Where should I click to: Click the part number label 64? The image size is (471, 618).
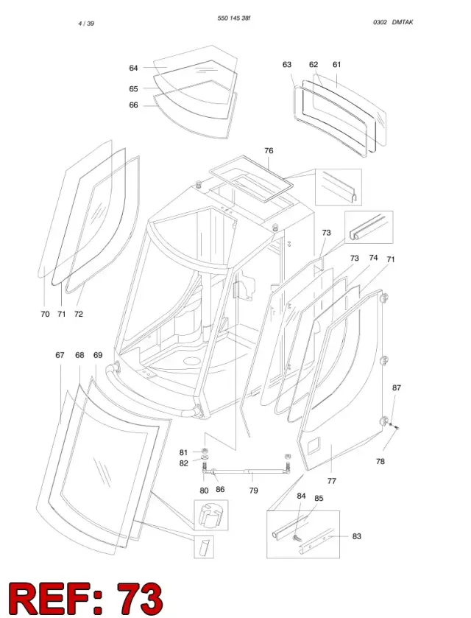(133, 69)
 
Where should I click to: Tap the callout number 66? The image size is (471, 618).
(133, 105)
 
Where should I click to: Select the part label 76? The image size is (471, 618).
(269, 150)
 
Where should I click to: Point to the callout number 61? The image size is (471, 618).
(337, 64)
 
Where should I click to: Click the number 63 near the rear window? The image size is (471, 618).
(287, 64)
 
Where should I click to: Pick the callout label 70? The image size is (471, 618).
(45, 314)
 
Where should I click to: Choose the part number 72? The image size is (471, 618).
(78, 314)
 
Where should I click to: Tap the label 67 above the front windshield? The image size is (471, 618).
(60, 355)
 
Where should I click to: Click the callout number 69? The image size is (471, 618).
(98, 355)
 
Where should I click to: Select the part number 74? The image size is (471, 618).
(373, 257)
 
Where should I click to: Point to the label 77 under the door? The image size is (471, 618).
(332, 481)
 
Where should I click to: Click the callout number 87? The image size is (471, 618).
(397, 388)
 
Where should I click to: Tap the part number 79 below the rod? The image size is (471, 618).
(254, 491)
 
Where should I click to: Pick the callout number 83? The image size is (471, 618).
(356, 536)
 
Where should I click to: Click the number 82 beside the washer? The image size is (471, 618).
(183, 463)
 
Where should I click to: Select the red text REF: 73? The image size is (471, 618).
(85, 598)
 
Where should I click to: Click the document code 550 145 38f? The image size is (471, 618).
(234, 18)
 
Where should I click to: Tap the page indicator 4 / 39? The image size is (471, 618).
(86, 24)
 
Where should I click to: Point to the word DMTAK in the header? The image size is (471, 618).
(403, 22)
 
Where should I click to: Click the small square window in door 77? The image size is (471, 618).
(314, 446)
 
